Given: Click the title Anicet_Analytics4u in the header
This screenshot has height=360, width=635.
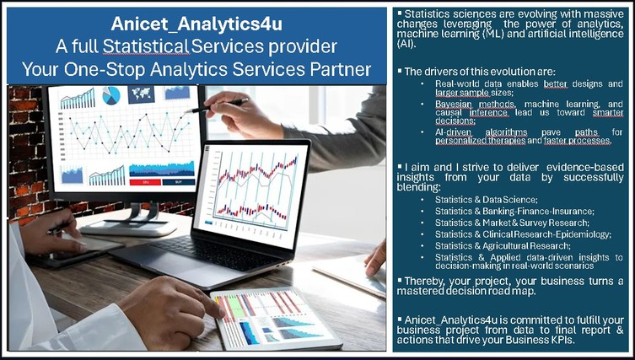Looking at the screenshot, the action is (196, 24).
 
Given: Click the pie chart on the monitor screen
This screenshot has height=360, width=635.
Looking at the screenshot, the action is (111, 95).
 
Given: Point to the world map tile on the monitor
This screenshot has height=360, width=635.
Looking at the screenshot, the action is (141, 94).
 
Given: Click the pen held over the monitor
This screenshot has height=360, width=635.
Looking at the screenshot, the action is (216, 105).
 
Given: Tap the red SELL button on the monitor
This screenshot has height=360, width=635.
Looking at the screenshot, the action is (145, 182).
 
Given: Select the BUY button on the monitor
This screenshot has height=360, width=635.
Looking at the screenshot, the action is (178, 182).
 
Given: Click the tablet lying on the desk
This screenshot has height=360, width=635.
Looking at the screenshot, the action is (277, 319).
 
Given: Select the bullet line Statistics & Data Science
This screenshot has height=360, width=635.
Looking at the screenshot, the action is (487, 200).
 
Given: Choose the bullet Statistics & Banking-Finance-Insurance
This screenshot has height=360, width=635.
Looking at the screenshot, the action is (514, 211).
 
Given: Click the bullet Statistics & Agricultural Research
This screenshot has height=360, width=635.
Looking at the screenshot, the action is (503, 246).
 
